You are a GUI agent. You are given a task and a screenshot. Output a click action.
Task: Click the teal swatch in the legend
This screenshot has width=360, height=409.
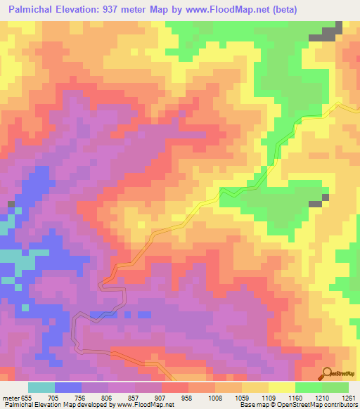click(x=41, y=387)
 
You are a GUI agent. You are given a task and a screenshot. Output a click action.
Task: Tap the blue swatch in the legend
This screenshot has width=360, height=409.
click(x=68, y=387)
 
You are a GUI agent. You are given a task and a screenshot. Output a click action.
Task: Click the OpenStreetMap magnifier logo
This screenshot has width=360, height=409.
click(x=326, y=373)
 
